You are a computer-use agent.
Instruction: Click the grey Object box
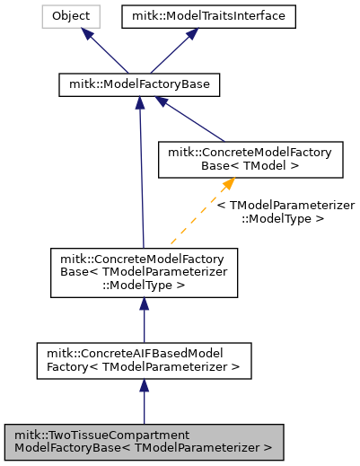69,16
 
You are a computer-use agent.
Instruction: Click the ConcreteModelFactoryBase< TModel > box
245,160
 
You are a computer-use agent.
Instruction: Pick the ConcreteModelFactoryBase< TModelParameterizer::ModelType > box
144,273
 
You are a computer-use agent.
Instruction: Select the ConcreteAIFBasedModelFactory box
144,359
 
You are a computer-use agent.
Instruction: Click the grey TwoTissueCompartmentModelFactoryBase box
144,440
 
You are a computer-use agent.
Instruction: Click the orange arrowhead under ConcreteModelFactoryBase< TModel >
228,184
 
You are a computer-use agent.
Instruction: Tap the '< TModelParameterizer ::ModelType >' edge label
285,212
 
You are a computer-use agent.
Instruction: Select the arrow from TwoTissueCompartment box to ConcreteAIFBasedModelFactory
144,402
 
